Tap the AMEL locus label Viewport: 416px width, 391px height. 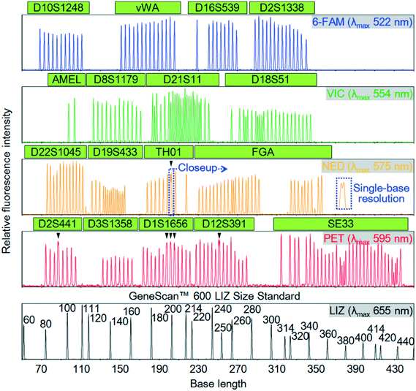[66, 79]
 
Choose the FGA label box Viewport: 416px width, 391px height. [260, 152]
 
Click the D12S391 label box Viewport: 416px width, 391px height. [217, 223]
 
